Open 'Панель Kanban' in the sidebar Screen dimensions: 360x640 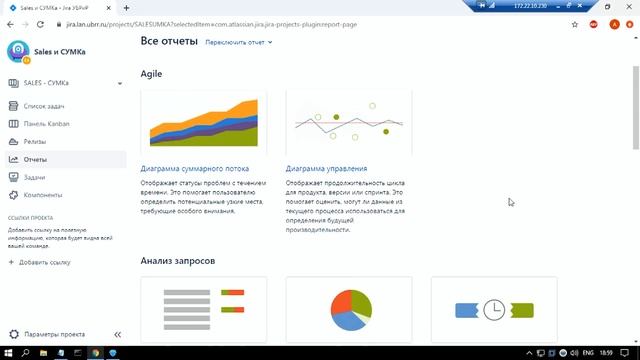(x=48, y=123)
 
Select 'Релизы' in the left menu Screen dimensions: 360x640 (x=35, y=141)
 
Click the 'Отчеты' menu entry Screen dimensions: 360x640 (x=35, y=159)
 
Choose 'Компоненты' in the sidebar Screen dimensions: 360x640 (x=43, y=195)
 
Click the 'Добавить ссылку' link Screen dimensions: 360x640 (x=44, y=262)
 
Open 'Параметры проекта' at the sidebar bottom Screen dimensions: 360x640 (x=54, y=334)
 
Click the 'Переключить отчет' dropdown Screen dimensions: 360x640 (x=239, y=43)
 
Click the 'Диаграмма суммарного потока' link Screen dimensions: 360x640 (x=195, y=169)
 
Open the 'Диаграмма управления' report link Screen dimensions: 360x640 (x=326, y=169)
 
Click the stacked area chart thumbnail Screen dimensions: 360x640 (x=203, y=122)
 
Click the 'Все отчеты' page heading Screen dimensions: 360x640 (x=168, y=42)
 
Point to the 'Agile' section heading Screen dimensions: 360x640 (x=151, y=74)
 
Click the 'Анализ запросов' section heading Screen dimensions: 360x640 (x=177, y=261)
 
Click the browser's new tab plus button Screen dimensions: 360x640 (x=126, y=7)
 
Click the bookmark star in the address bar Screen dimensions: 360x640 (x=575, y=23)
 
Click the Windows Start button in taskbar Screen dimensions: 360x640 (x=9, y=352)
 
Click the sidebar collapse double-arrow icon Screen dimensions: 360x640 (x=117, y=334)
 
